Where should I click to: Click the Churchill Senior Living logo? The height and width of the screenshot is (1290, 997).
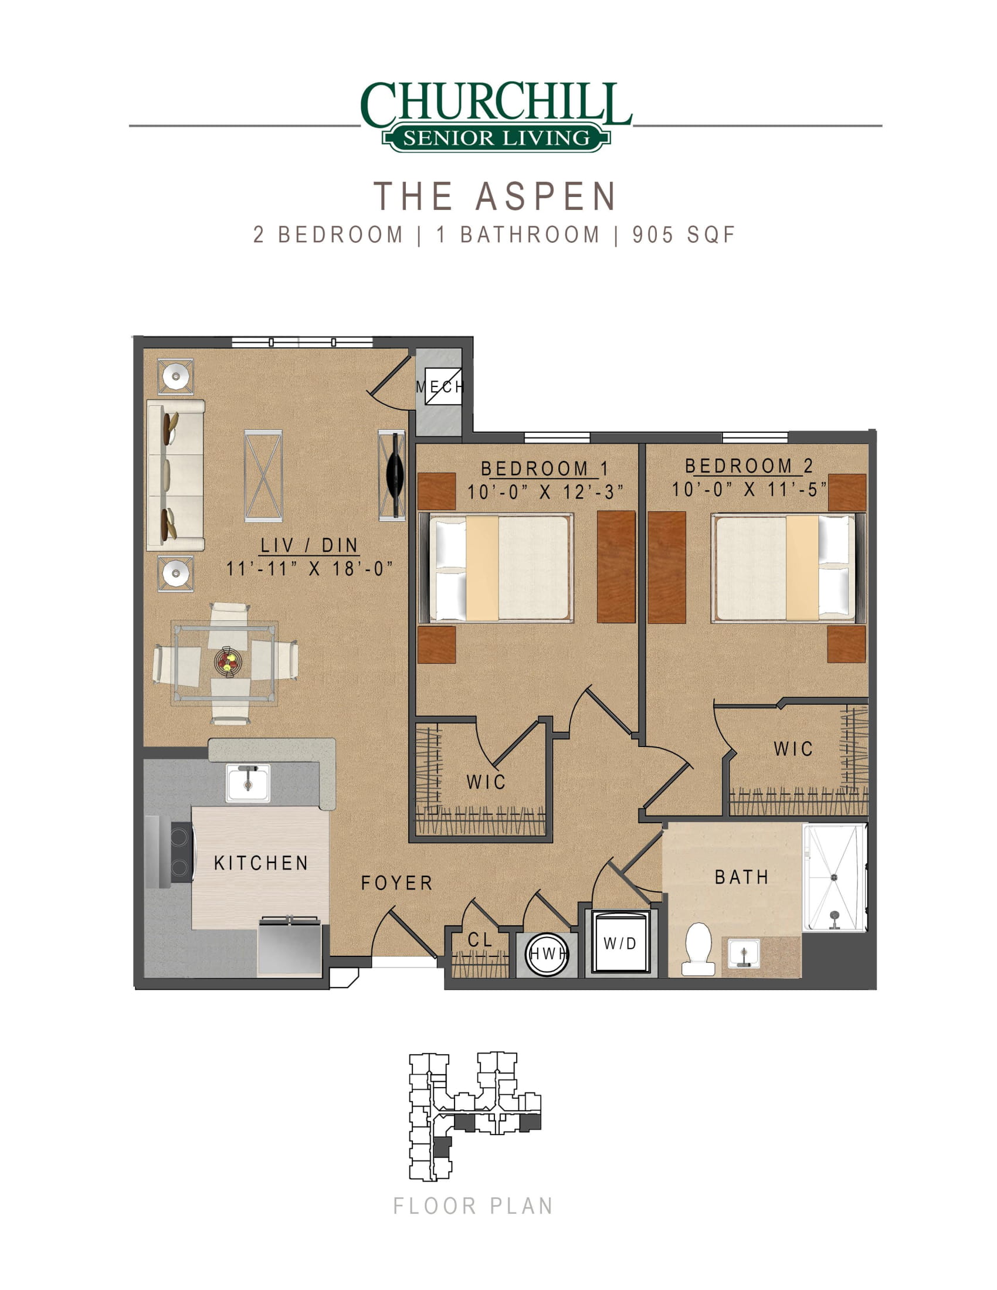(x=496, y=116)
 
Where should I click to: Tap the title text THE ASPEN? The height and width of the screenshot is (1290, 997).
(x=496, y=196)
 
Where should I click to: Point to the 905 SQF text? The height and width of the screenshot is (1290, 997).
(x=683, y=235)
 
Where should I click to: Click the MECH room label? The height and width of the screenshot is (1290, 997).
(x=440, y=387)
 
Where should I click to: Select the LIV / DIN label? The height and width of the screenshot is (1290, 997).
(x=310, y=545)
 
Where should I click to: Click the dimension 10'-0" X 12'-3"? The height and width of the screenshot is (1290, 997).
(x=545, y=491)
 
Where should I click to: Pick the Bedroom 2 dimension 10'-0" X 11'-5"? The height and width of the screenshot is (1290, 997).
(x=749, y=489)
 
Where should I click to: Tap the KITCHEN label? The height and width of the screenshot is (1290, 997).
(x=261, y=863)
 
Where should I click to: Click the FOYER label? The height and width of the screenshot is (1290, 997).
(x=397, y=883)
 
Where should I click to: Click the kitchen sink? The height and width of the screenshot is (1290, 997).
(x=248, y=783)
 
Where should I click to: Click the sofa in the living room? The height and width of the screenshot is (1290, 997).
(x=175, y=476)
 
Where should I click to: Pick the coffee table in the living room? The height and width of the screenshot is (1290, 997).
(x=263, y=476)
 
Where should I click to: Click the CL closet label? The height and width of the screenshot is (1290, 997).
(x=480, y=940)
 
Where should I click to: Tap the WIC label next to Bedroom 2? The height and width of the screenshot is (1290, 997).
(x=793, y=749)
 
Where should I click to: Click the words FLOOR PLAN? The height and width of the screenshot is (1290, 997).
(x=473, y=1206)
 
